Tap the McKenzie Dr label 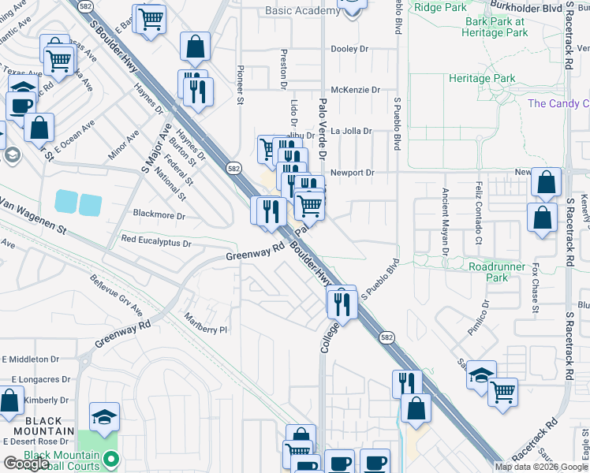(349, 90)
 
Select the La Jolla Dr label (350, 131)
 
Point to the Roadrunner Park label (498, 272)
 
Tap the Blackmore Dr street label (159, 214)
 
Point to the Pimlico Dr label (478, 318)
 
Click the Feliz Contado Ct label (478, 211)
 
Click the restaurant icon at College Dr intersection (342, 302)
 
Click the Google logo (27, 464)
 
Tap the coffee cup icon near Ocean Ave (21, 106)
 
